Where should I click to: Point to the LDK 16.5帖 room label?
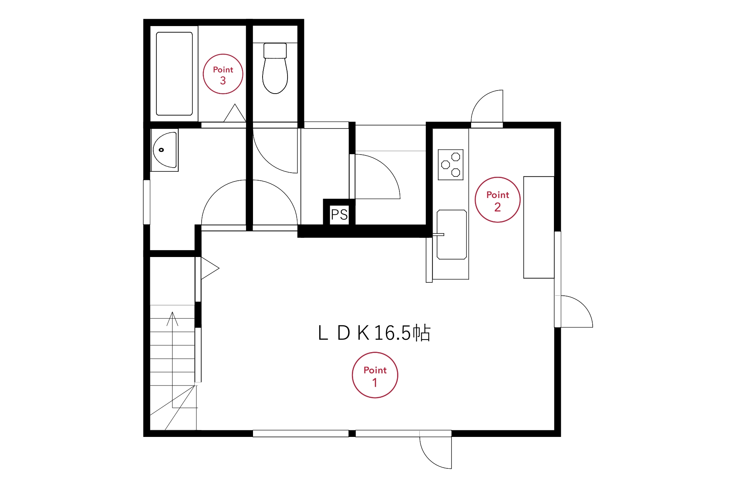[x=374, y=333]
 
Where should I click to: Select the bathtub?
[x=174, y=74]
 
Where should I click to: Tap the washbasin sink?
[x=165, y=150]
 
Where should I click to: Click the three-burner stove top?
[x=450, y=165]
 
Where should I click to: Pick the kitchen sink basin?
[x=452, y=234]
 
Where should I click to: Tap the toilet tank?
[x=275, y=50]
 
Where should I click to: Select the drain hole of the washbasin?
[x=161, y=150]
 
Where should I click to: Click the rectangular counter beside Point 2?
[x=539, y=227]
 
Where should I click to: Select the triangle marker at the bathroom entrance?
[x=235, y=113]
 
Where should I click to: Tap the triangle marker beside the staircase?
[x=210, y=268]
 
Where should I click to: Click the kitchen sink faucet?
[x=438, y=234]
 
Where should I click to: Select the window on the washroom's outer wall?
[x=146, y=202]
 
